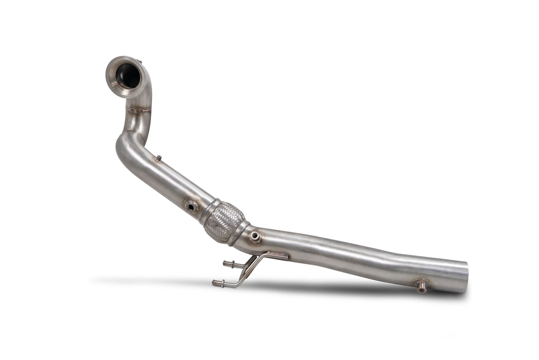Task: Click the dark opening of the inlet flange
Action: point(127,77)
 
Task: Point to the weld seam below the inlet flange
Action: point(139,110)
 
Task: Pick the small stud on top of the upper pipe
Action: point(159,159)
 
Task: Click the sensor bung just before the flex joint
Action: point(192,206)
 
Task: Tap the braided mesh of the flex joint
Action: point(224,223)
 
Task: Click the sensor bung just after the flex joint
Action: point(255,237)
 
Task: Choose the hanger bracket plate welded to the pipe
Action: point(276,256)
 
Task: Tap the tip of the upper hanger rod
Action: point(225,264)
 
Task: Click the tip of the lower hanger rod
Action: point(214,282)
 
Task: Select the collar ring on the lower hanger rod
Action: point(221,283)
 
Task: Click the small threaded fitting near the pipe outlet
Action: point(421,286)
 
